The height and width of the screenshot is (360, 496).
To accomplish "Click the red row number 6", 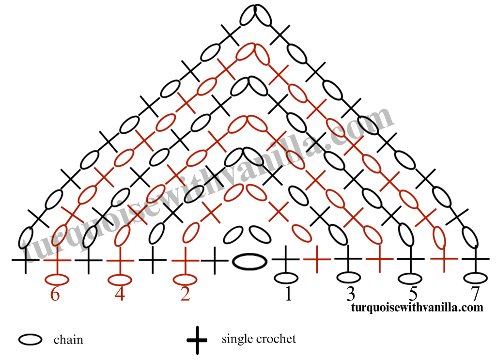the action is [55, 295].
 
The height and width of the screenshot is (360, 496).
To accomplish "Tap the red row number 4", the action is [120, 294].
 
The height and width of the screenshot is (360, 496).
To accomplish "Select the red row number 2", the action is [185, 294].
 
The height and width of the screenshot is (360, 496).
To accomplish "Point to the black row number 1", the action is [288, 294].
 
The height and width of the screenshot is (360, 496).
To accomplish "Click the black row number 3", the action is [350, 294].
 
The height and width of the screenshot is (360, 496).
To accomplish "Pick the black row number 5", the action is [413, 294].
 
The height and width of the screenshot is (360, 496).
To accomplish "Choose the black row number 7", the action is [475, 294].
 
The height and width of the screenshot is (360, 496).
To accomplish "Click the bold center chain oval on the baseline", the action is [249, 262].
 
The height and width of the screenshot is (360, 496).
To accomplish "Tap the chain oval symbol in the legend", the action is [30, 340].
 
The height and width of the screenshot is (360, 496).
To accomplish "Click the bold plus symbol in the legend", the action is [197, 341].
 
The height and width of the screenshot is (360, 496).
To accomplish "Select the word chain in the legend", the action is [68, 340].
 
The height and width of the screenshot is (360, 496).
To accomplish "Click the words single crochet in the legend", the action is [259, 339].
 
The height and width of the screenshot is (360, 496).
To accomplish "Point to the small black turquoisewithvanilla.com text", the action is [417, 307].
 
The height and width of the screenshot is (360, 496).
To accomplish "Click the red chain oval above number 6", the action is [57, 280].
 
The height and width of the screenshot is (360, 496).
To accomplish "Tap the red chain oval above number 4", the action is [120, 280].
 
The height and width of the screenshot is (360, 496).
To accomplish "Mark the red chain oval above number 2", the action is [185, 280].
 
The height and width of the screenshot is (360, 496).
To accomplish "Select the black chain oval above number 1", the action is [286, 279].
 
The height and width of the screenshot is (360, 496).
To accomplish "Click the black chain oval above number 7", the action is [476, 279].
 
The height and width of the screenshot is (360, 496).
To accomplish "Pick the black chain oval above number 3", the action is [349, 278].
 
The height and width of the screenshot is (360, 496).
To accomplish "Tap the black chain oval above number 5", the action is [410, 279].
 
